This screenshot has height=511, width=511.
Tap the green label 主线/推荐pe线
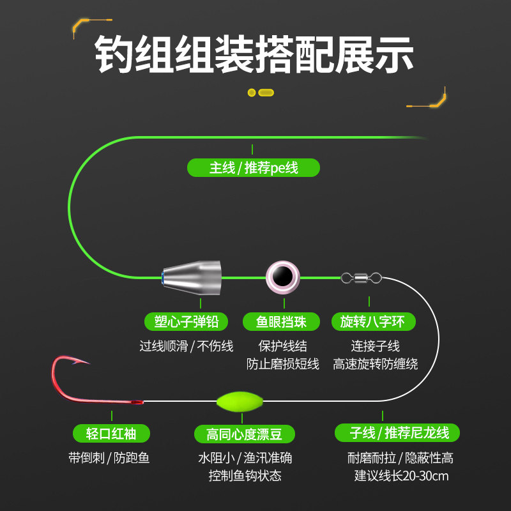pyautogui.click(x=254, y=168)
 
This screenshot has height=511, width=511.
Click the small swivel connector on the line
pyautogui.click(x=362, y=277)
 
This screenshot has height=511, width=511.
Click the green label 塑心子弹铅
pyautogui.click(x=187, y=321)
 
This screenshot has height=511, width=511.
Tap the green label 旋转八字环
pyautogui.click(x=373, y=321)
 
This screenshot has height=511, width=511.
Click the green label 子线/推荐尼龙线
pyautogui.click(x=397, y=433)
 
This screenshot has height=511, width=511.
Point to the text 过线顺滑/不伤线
pyautogui.click(x=187, y=346)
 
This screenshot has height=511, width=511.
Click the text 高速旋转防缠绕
pyautogui.click(x=376, y=364)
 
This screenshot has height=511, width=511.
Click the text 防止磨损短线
pyautogui.click(x=282, y=364)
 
